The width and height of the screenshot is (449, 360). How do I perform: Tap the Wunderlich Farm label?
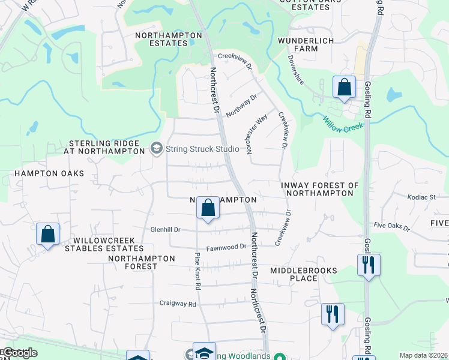coord(305,46)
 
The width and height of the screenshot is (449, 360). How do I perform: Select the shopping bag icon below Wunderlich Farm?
coord(344,88)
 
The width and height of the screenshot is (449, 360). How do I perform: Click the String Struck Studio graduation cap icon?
coord(157,148)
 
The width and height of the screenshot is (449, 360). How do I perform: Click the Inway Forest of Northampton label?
coord(320,189)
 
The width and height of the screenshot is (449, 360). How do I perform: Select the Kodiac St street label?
coord(420,197)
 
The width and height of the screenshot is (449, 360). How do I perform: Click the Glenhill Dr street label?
coord(165,230)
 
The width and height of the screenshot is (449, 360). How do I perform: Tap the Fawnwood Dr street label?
coord(226,247)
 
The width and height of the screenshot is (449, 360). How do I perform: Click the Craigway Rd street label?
coord(178,304)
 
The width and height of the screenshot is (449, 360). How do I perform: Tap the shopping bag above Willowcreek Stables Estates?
coord(47,234)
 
